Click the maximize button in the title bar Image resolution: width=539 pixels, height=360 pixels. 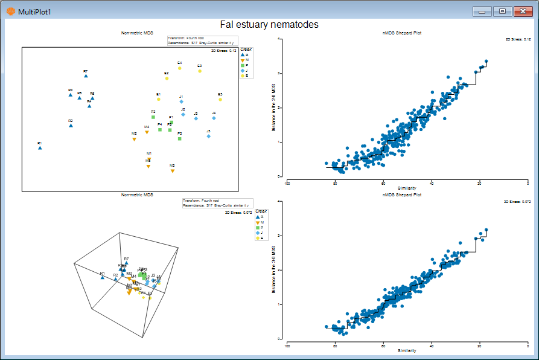point(502,11)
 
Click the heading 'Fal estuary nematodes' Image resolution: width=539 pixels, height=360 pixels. point(269,25)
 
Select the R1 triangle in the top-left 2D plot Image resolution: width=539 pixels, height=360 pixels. point(40,147)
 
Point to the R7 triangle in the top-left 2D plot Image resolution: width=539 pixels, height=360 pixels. point(86,76)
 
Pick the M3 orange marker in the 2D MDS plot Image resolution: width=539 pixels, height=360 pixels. point(173,171)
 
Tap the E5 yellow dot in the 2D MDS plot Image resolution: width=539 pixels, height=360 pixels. point(220,99)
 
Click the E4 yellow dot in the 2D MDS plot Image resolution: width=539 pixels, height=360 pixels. point(180,68)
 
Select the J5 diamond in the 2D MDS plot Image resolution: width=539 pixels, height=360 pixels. point(208,137)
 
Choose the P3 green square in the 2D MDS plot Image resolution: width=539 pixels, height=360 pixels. point(180,138)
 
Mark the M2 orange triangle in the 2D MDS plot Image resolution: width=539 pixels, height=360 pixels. point(134,139)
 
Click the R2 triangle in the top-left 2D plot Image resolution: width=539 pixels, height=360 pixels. point(71,126)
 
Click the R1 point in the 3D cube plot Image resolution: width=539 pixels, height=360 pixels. point(103,277)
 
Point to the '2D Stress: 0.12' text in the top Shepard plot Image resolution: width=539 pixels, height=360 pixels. point(518,39)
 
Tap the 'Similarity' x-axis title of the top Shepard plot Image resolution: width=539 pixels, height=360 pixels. point(407,188)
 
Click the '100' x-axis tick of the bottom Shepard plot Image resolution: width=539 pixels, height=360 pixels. point(287,346)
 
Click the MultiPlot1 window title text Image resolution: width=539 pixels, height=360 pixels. point(35,12)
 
